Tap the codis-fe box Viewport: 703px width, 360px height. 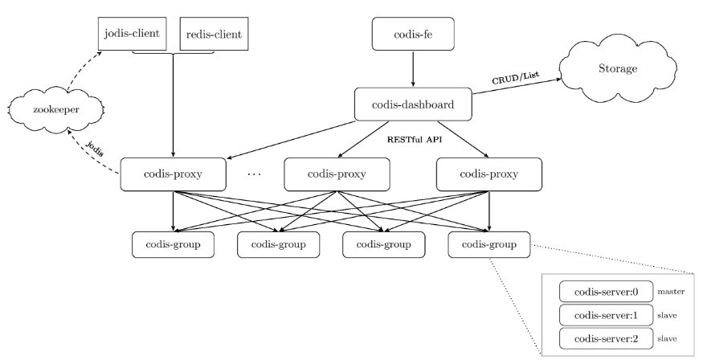pos(413,34)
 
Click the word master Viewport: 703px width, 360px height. pos(672,291)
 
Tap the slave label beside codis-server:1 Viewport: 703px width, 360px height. pos(668,315)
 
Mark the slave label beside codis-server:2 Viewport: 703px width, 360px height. pos(668,338)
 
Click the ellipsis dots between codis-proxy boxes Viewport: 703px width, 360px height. pos(253,174)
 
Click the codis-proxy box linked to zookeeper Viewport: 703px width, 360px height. pos(173,174)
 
